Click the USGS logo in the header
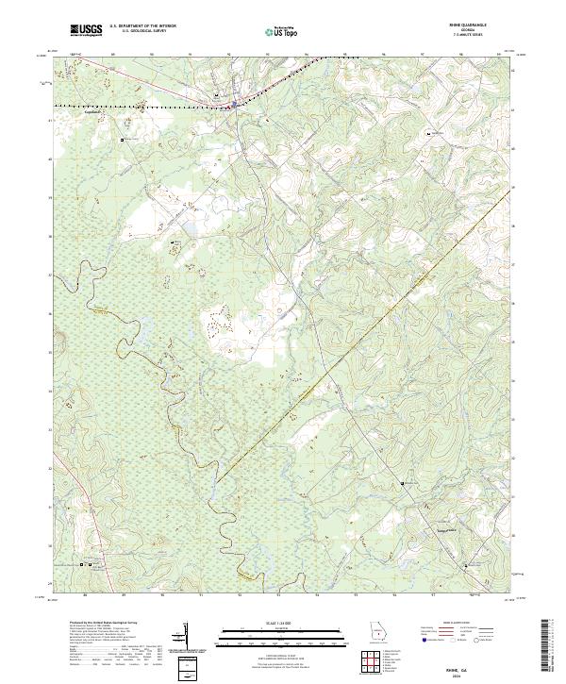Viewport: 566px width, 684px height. click(86, 31)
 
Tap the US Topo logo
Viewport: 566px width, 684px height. click(275, 32)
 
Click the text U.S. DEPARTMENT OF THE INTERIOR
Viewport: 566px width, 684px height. click(142, 25)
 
